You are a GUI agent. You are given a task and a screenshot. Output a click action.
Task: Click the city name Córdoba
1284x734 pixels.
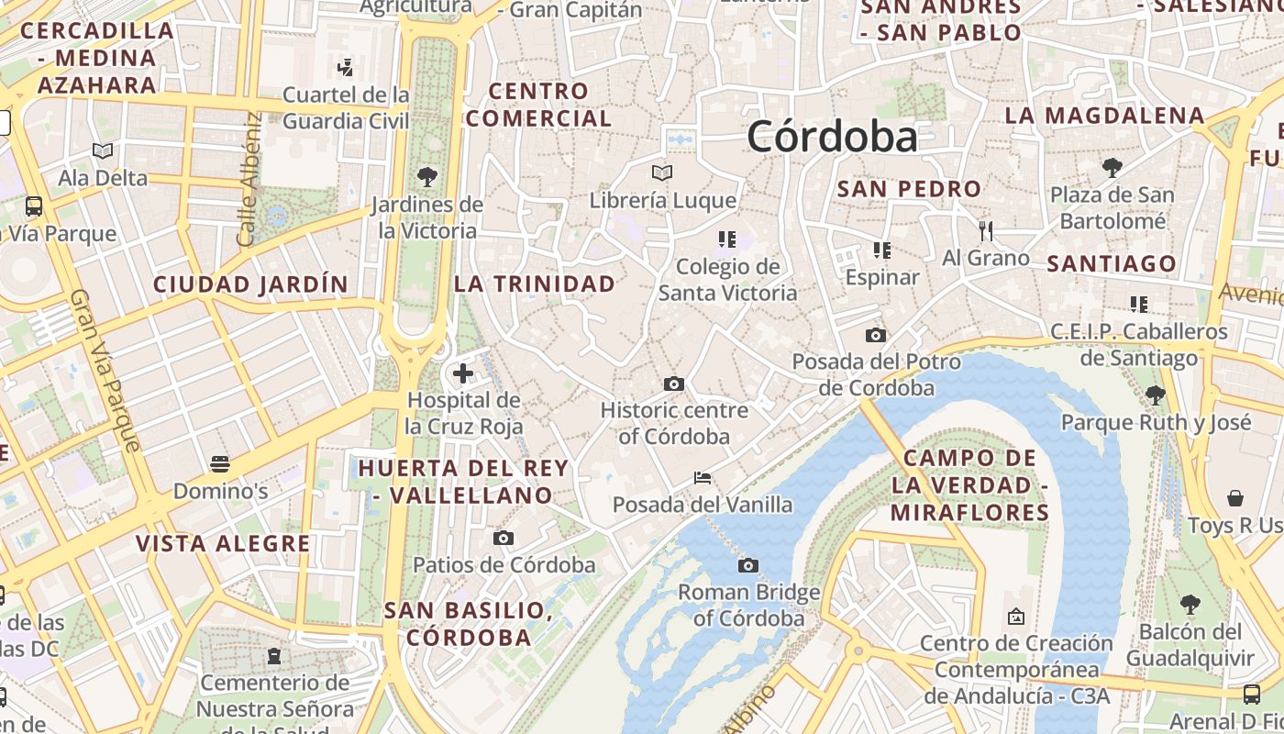pos(831,138)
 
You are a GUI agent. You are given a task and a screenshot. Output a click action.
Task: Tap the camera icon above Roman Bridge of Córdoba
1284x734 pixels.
pos(748,565)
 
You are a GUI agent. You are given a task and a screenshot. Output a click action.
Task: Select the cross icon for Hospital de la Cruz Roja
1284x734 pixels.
pos(463,373)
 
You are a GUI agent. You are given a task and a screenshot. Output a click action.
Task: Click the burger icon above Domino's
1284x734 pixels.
pos(220,464)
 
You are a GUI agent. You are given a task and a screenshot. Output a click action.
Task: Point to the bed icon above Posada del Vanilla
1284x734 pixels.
pos(703,478)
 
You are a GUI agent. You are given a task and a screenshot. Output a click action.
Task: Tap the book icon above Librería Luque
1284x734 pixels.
pos(662,172)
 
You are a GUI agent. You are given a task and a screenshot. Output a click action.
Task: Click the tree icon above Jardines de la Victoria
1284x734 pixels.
pos(426,177)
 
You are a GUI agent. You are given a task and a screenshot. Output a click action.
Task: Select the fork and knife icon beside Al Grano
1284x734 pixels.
pos(986,230)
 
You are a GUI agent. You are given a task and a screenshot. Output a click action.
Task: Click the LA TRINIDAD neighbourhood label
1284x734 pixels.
pos(535,284)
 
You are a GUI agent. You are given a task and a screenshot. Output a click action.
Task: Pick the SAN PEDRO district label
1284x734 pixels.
pos(909,189)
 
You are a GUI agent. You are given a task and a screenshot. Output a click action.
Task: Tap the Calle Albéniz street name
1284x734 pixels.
pos(250,180)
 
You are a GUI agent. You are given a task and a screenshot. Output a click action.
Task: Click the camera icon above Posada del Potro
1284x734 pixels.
pos(876,336)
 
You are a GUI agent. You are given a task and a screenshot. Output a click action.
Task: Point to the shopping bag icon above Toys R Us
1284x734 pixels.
pos(1235,499)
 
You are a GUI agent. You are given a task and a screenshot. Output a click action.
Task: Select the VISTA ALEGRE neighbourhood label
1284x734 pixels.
pos(223,543)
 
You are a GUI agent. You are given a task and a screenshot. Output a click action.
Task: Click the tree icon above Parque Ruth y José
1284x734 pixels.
pos(1156,395)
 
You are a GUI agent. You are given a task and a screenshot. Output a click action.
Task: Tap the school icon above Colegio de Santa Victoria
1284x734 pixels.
pos(727,239)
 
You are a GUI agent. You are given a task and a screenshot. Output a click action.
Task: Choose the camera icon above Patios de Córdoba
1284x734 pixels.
pos(504,539)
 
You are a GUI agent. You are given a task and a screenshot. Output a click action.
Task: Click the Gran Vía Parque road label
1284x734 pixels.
pos(106,372)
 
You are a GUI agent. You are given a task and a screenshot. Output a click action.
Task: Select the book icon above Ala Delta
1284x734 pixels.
pos(103,150)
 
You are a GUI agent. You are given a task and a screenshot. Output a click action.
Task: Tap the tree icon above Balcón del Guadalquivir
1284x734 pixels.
pos(1190,605)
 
